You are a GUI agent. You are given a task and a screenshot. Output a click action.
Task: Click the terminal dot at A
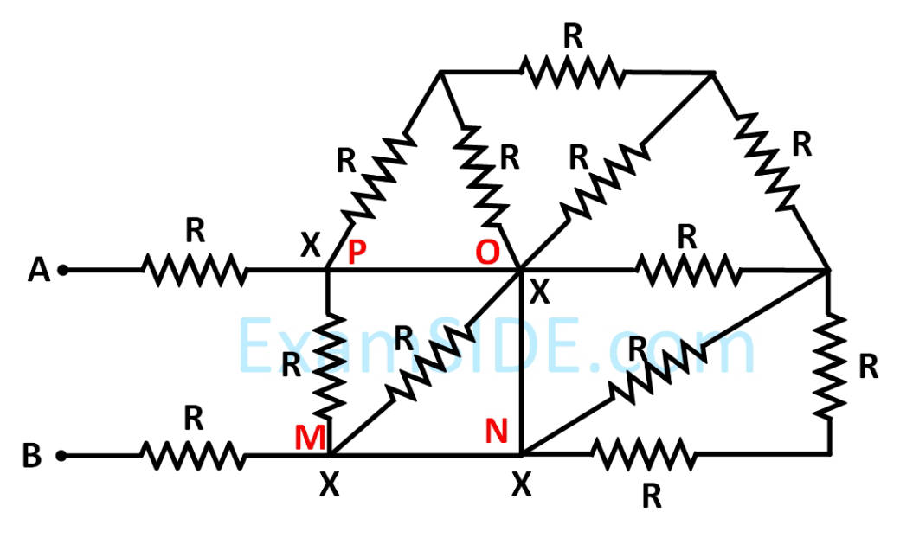point(62,271)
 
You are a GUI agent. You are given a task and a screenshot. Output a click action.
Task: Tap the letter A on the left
point(38,271)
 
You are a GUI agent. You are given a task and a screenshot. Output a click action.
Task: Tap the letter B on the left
point(32,456)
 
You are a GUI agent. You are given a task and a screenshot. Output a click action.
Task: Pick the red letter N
point(496,430)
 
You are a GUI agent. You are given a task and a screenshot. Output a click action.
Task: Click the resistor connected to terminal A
point(195,271)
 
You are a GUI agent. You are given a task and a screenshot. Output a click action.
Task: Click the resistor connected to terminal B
point(192,454)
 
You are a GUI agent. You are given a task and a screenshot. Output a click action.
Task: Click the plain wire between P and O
point(424,271)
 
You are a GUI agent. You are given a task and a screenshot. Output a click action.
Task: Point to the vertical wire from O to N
point(520,363)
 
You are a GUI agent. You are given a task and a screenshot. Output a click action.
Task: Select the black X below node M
point(329,486)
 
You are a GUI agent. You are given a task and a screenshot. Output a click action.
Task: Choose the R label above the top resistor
point(572,36)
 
